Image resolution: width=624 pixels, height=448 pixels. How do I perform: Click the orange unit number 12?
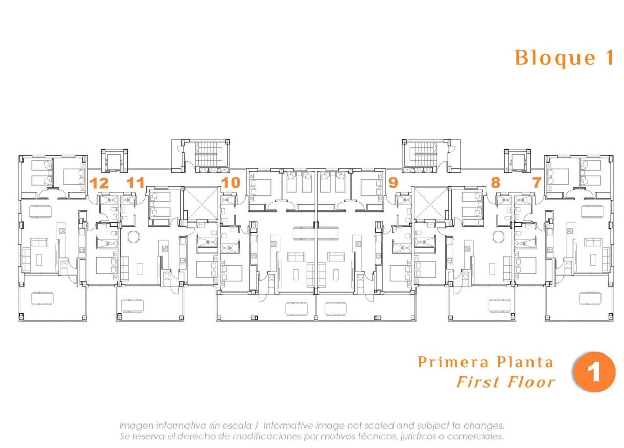click(99, 183)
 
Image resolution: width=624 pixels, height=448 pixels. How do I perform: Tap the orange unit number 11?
click(135, 183)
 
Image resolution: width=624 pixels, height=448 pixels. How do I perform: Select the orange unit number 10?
click(230, 183)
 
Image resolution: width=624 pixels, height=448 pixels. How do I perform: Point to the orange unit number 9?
click(393, 183)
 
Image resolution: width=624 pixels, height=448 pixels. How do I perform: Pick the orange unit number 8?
click(495, 183)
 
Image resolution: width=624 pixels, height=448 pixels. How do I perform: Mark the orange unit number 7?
click(536, 183)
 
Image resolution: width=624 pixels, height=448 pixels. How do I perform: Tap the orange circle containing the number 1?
click(595, 372)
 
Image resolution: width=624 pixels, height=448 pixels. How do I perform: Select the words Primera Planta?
click(486, 362)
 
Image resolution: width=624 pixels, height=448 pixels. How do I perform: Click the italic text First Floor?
click(505, 382)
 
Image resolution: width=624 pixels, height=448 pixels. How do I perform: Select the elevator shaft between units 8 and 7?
click(517, 161)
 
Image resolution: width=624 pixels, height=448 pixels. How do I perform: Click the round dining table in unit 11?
click(133, 237)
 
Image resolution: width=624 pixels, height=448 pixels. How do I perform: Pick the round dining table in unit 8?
click(497, 237)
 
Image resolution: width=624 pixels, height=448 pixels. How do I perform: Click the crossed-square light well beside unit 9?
click(430, 203)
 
